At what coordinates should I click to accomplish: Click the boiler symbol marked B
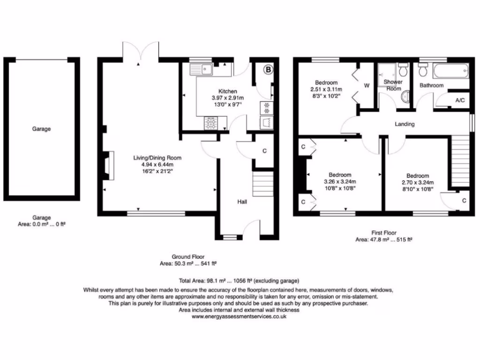pyautogui.click(x=268, y=70)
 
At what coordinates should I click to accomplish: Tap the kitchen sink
pyautogui.click(x=202, y=70)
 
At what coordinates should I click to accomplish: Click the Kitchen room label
pyautogui.click(x=227, y=91)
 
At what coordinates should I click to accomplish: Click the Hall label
pyautogui.click(x=241, y=202)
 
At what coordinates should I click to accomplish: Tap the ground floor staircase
pyautogui.click(x=262, y=183)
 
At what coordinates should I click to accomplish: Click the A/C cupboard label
pyautogui.click(x=460, y=100)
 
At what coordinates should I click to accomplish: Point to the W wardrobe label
pyautogui.click(x=366, y=86)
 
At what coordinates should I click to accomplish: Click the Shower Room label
pyautogui.click(x=393, y=85)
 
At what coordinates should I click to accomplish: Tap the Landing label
pyautogui.click(x=404, y=124)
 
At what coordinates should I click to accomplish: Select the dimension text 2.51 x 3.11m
pyautogui.click(x=326, y=89)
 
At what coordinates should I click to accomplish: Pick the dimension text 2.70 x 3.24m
pyautogui.click(x=418, y=182)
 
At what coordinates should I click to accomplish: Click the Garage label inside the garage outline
pyautogui.click(x=41, y=128)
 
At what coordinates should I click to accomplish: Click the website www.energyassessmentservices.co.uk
pyautogui.click(x=239, y=316)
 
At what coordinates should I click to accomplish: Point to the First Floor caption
pyautogui.click(x=383, y=232)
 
